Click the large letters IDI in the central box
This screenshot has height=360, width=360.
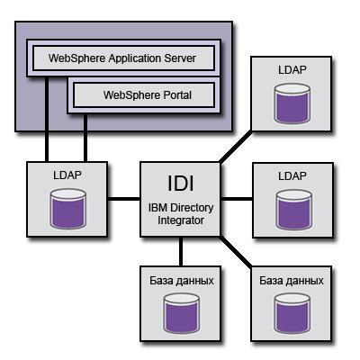[181, 183]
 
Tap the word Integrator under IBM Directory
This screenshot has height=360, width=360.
[181, 220]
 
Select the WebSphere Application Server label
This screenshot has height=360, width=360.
[122, 58]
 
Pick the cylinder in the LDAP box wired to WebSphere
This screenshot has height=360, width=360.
[68, 209]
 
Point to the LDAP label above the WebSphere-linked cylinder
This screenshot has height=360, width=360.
[67, 175]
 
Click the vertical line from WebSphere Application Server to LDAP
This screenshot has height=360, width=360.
[47, 120]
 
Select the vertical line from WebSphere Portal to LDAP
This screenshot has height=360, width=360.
[85, 138]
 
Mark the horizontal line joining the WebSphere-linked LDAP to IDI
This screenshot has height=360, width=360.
[124, 199]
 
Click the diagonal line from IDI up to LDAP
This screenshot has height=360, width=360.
[236, 147]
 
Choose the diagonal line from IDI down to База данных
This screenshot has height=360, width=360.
[236, 251]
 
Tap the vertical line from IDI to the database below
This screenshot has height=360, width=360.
[181, 251]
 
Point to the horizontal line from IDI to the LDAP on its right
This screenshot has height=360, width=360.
[237, 199]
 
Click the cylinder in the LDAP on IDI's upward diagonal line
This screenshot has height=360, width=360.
[292, 103]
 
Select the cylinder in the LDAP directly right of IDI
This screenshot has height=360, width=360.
[293, 210]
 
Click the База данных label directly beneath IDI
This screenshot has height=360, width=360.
[182, 281]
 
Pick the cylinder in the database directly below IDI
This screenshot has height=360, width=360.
[182, 313]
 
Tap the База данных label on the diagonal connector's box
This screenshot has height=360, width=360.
[292, 281]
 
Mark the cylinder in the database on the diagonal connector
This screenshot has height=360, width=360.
[292, 313]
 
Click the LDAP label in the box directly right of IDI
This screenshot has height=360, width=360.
[292, 176]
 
